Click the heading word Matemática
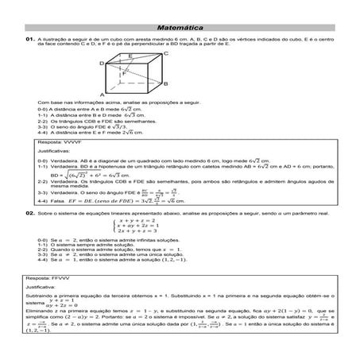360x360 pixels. pyautogui.click(x=179, y=27)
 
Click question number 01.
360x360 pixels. pyautogui.click(x=29, y=39)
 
